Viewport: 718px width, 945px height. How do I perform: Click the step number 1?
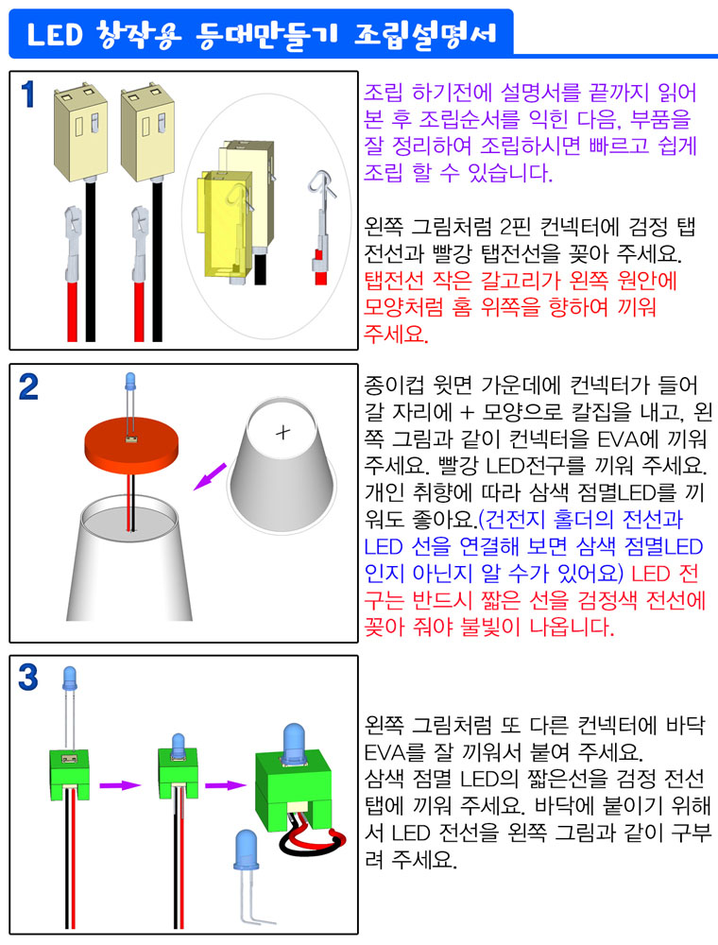coord(28,95)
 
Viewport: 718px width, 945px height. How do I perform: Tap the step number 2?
coord(28,387)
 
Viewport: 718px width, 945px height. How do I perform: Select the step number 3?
coord(28,678)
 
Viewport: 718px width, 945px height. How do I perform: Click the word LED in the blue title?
coord(54,34)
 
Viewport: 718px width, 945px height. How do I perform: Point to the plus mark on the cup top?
coord(282,432)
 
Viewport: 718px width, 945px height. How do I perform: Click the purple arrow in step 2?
coord(210,476)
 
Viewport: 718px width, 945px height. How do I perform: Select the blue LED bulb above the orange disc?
coord(129,382)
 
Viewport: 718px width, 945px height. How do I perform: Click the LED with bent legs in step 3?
coord(247,874)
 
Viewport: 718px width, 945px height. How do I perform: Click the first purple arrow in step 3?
coord(119,784)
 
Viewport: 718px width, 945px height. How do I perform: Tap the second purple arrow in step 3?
coord(226,784)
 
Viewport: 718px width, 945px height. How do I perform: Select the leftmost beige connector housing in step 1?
coord(80,132)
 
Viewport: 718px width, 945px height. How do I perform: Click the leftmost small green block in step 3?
coord(69,774)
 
